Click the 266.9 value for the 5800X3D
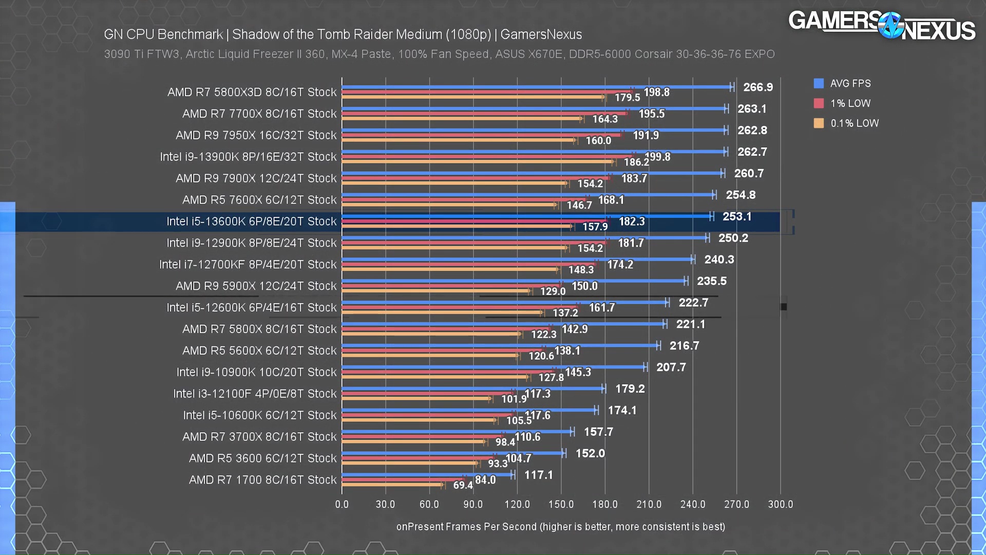[757, 87]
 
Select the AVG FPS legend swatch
[819, 83]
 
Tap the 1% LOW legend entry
[850, 103]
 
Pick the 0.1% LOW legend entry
[854, 123]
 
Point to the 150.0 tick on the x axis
[561, 504]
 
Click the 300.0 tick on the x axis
[780, 504]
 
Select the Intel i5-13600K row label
[252, 221]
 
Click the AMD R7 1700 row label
[263, 480]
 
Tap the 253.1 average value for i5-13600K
[737, 216]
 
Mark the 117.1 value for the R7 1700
[538, 475]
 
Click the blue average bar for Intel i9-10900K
[493, 367]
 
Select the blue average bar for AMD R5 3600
[452, 453]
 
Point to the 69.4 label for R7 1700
[463, 485]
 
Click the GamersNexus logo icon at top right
[890, 25]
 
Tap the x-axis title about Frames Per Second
[560, 527]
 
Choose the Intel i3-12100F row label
[255, 394]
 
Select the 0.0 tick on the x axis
[342, 504]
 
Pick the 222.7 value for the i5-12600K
[693, 303]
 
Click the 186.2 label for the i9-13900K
[636, 162]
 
